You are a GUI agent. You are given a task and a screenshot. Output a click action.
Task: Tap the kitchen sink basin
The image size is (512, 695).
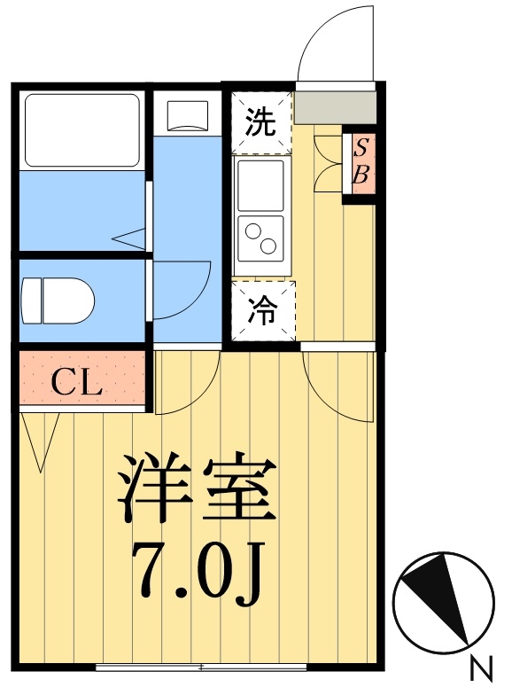tap(260, 184)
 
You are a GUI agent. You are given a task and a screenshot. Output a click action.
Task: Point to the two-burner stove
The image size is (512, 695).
tap(260, 238)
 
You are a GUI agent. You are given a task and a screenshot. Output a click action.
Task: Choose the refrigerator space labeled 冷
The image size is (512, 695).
tap(261, 310)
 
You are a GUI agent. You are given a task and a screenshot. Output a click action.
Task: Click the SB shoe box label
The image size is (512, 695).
tap(361, 161)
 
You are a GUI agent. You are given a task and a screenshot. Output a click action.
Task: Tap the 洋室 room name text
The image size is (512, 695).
tap(198, 489)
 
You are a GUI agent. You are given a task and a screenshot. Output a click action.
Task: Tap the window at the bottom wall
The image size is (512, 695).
tap(201, 666)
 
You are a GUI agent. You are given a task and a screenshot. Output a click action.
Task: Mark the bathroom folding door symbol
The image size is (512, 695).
tap(131, 238)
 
